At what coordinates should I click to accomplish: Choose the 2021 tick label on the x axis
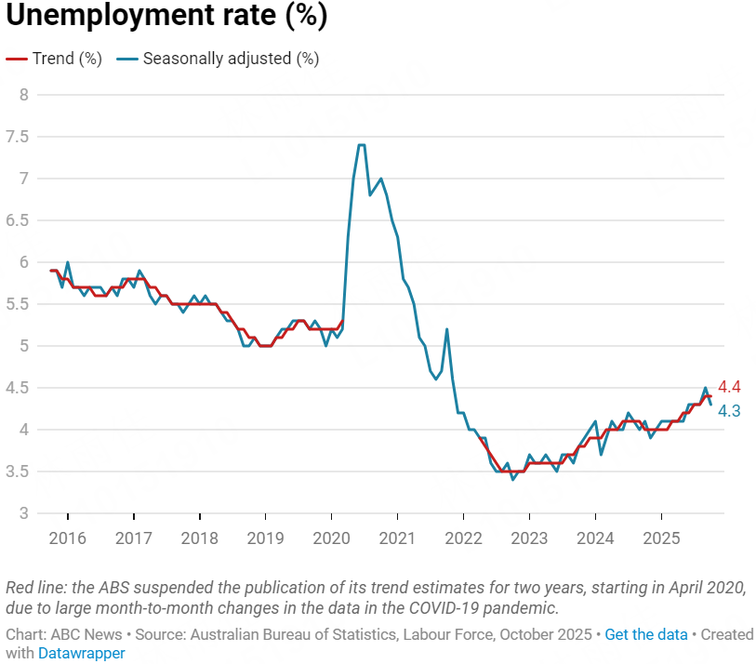point(397,538)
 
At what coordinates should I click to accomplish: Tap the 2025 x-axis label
point(661,538)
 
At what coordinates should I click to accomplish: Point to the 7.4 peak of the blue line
point(361,145)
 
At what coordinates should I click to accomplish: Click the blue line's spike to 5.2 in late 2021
point(447,329)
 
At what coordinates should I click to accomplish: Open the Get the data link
point(645,634)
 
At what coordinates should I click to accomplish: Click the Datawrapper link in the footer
point(81,653)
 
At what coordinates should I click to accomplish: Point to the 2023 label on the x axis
point(529,538)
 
